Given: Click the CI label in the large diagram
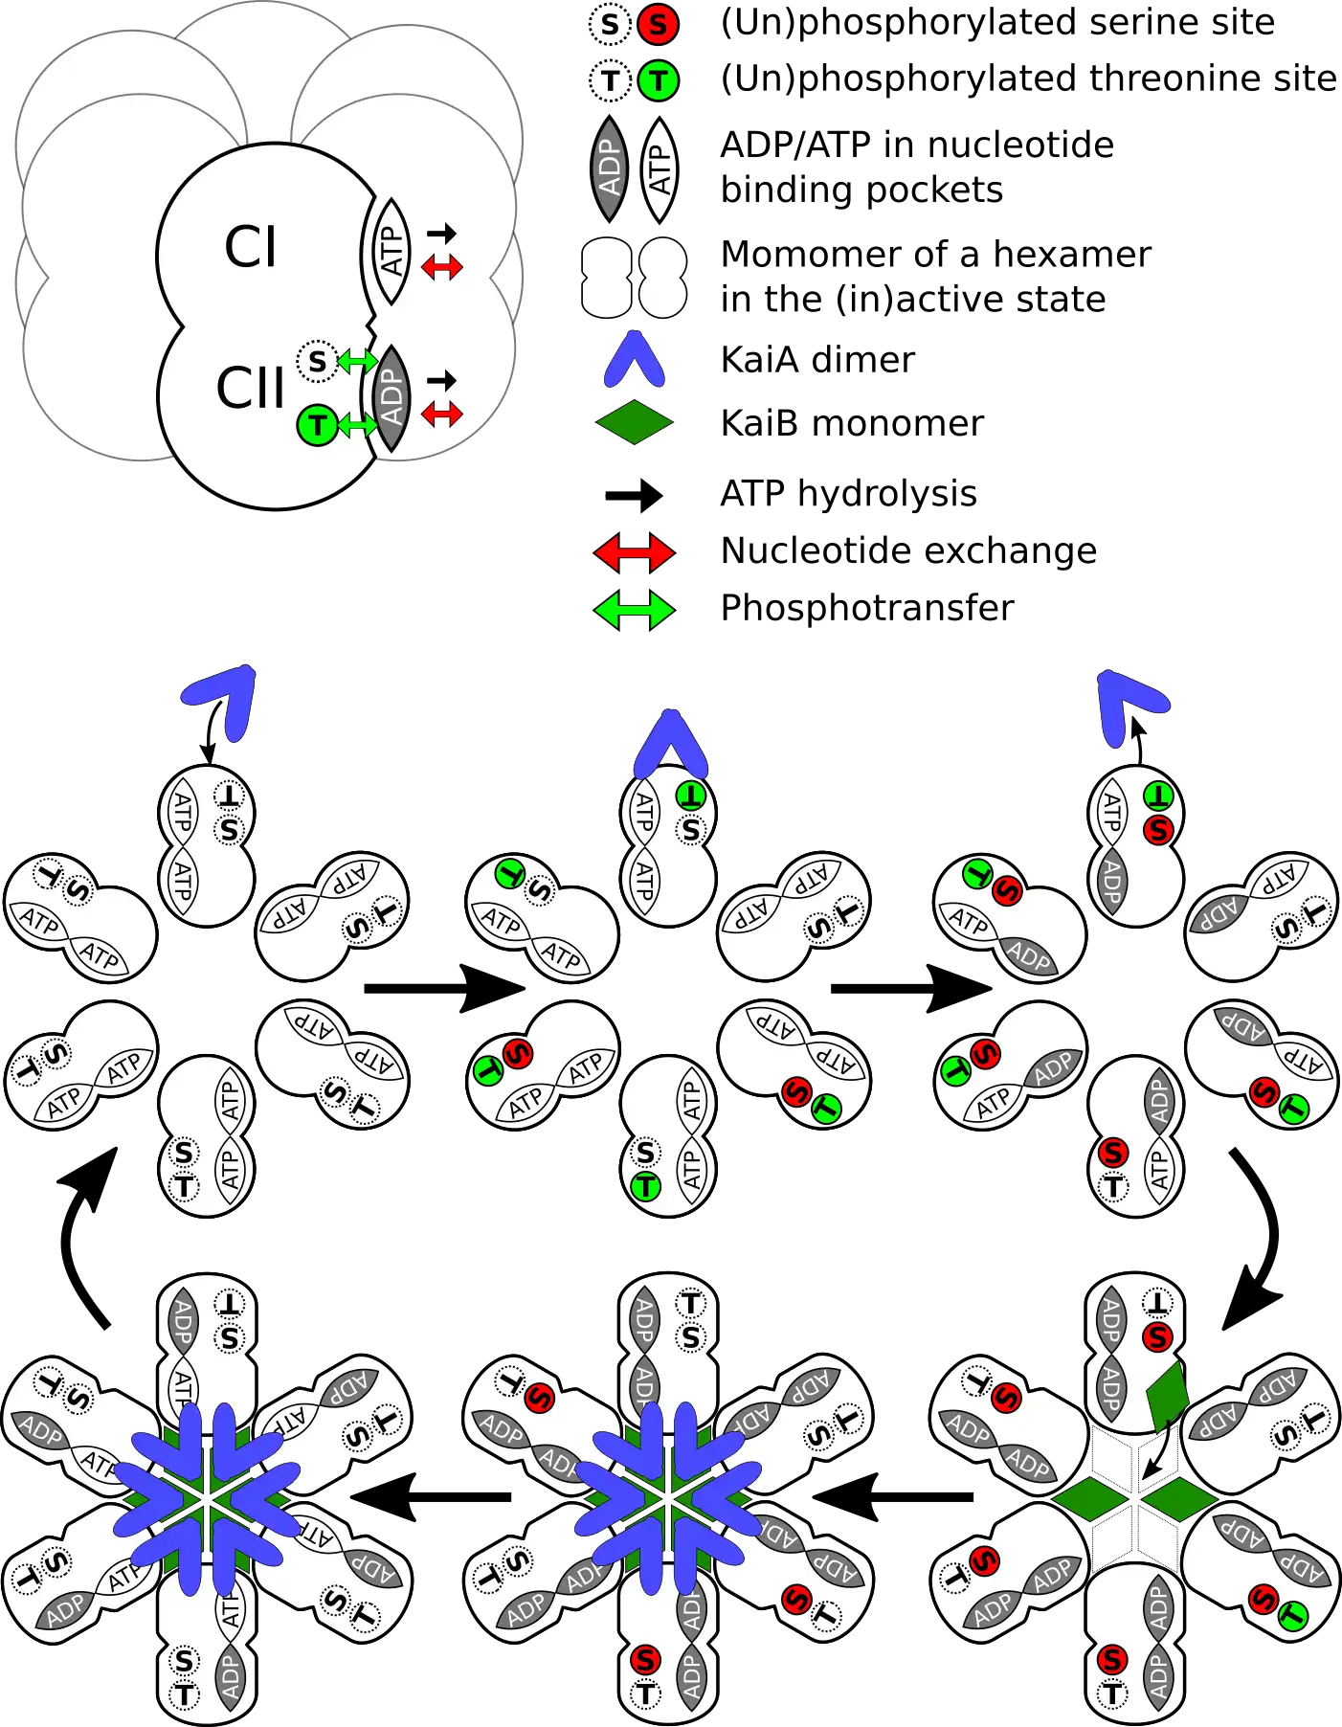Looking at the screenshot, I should point(250,247).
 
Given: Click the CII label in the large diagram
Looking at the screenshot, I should point(251,388).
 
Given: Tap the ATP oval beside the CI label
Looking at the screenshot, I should point(391,251).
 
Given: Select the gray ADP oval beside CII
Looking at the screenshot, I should point(391,398).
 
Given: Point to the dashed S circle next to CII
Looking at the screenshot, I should point(317,361).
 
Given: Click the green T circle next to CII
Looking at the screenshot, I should point(317,425).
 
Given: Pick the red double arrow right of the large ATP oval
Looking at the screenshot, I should point(442,267).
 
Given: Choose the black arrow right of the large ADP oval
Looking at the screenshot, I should point(441,380).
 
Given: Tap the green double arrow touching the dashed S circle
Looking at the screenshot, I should point(358,361).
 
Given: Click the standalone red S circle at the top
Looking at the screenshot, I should point(658,24).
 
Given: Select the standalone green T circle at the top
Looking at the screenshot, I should point(658,80).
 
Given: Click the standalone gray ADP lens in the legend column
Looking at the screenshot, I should point(610,168).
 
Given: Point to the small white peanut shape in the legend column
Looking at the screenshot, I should point(661,278).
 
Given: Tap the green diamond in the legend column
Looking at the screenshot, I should point(635,422).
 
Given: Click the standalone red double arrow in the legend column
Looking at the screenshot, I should point(635,552).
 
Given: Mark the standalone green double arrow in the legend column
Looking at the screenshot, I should point(635,609).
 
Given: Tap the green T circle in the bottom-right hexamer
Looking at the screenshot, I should point(1292,1617).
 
